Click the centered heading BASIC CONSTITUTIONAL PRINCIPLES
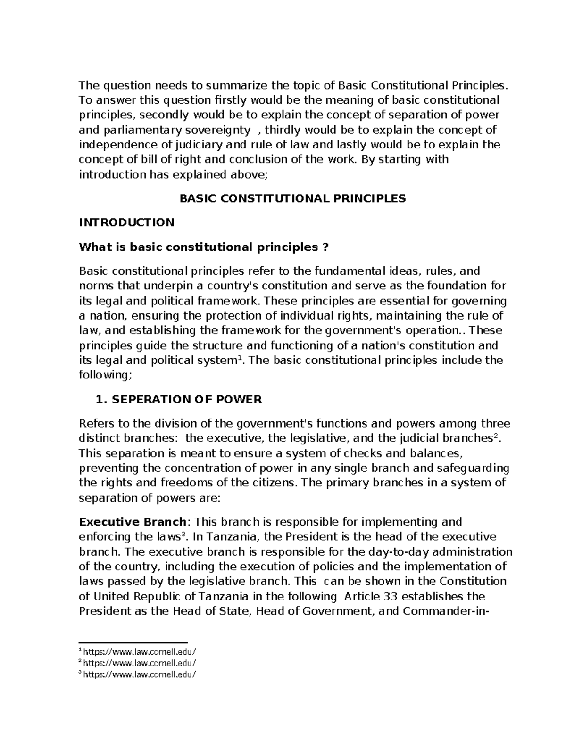tap(292, 198)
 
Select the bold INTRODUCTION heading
tap(126, 222)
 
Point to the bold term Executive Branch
tap(133, 522)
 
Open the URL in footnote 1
tap(140, 651)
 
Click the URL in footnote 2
tap(140, 663)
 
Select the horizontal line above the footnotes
tap(133, 642)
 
